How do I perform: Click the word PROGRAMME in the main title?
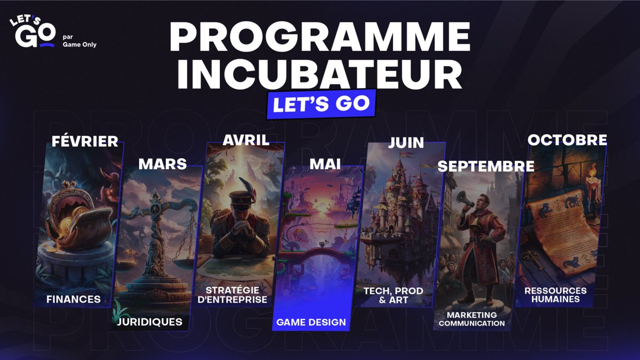pyautogui.click(x=319, y=37)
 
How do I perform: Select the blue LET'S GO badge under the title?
pyautogui.click(x=321, y=103)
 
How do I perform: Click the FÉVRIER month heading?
pyautogui.click(x=85, y=141)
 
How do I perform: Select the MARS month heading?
pyautogui.click(x=163, y=164)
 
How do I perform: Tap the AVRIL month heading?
pyautogui.click(x=246, y=140)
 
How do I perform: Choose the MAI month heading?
pyautogui.click(x=325, y=164)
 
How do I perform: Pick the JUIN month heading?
pyautogui.click(x=406, y=143)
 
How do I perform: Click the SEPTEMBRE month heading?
pyautogui.click(x=486, y=166)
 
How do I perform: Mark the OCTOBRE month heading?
pyautogui.click(x=567, y=140)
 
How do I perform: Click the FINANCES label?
pyautogui.click(x=74, y=299)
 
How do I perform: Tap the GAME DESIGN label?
pyautogui.click(x=311, y=322)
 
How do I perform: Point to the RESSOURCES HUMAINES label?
pyautogui.click(x=555, y=294)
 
